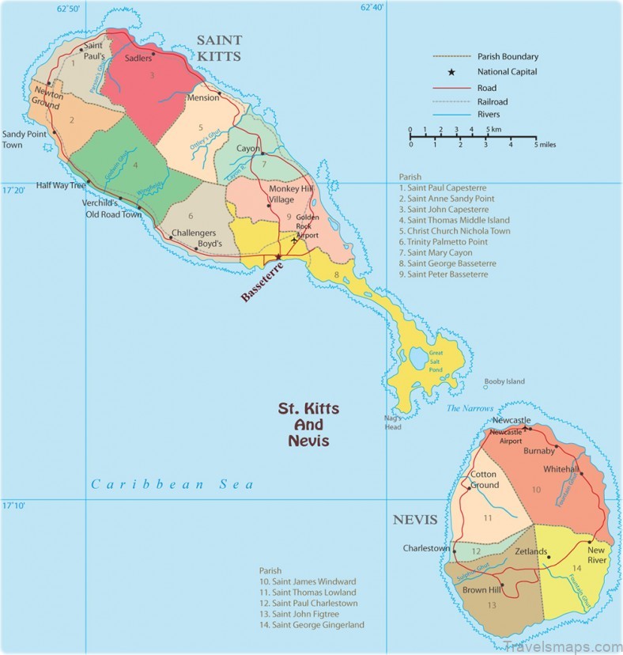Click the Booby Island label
pyautogui.click(x=504, y=381)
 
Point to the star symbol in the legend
pyautogui.click(x=451, y=72)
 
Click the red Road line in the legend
pyautogui.click(x=451, y=88)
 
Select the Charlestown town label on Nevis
pyautogui.click(x=426, y=548)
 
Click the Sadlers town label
pyautogui.click(x=138, y=59)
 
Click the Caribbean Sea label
pyautogui.click(x=172, y=484)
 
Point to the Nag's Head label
pyautogui.click(x=393, y=422)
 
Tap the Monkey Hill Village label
pyautogui.click(x=290, y=195)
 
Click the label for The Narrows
pyautogui.click(x=464, y=408)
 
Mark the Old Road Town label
pyautogui.click(x=114, y=214)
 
